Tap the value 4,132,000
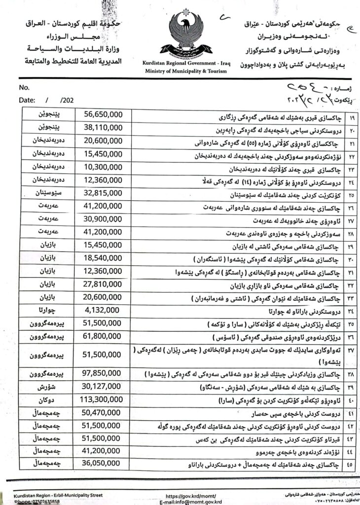click(x=102, y=310)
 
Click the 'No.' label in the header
click(x=24, y=87)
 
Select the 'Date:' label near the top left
click(x=27, y=99)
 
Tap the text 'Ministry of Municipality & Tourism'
click(x=186, y=71)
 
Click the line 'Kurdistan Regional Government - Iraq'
click(x=186, y=64)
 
